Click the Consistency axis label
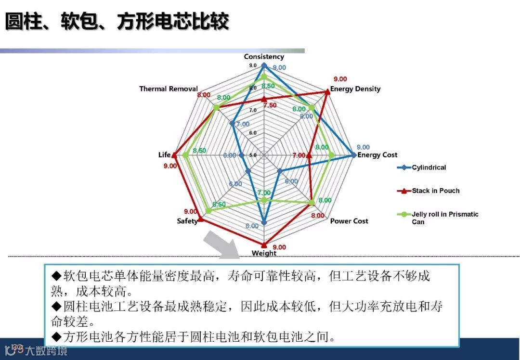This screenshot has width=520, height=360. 264,57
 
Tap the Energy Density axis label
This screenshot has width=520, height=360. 355,89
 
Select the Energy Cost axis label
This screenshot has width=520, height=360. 377,155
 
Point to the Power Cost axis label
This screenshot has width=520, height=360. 349,221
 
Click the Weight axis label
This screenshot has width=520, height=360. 264,253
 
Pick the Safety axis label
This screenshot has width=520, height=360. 187,221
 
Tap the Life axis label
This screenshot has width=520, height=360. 164,155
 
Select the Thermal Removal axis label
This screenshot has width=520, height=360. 169,89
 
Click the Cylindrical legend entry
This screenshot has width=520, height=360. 429,167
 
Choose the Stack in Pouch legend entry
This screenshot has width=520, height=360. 435,191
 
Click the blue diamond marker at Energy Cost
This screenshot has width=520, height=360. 354,155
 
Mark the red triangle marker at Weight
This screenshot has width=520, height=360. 264,245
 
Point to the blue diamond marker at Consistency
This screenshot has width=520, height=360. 264,65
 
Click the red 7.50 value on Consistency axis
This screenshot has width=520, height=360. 270,105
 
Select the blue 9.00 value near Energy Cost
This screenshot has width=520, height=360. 363,147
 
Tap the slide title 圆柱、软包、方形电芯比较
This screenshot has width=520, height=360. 117,22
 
